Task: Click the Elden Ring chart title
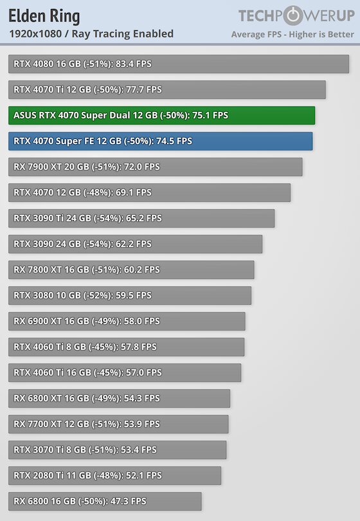click(44, 17)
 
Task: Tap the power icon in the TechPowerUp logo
click(292, 15)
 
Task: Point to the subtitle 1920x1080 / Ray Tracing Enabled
click(91, 34)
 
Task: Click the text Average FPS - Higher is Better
click(292, 34)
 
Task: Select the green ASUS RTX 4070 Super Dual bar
click(162, 115)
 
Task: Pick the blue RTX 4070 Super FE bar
click(161, 142)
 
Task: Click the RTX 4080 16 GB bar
click(179, 64)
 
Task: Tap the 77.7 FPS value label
click(144, 89)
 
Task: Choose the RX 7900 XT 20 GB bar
click(156, 167)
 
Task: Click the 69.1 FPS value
click(134, 193)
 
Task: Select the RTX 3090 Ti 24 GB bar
click(141, 218)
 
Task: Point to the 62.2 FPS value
click(134, 244)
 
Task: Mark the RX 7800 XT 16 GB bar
click(131, 270)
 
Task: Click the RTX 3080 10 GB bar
click(130, 296)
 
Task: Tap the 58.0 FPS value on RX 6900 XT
click(142, 322)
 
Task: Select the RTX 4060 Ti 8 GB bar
click(126, 347)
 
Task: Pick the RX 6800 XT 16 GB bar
click(119, 399)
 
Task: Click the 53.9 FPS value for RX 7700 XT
click(142, 425)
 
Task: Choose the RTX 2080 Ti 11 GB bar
click(114, 476)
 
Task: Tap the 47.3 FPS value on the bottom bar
click(128, 502)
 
